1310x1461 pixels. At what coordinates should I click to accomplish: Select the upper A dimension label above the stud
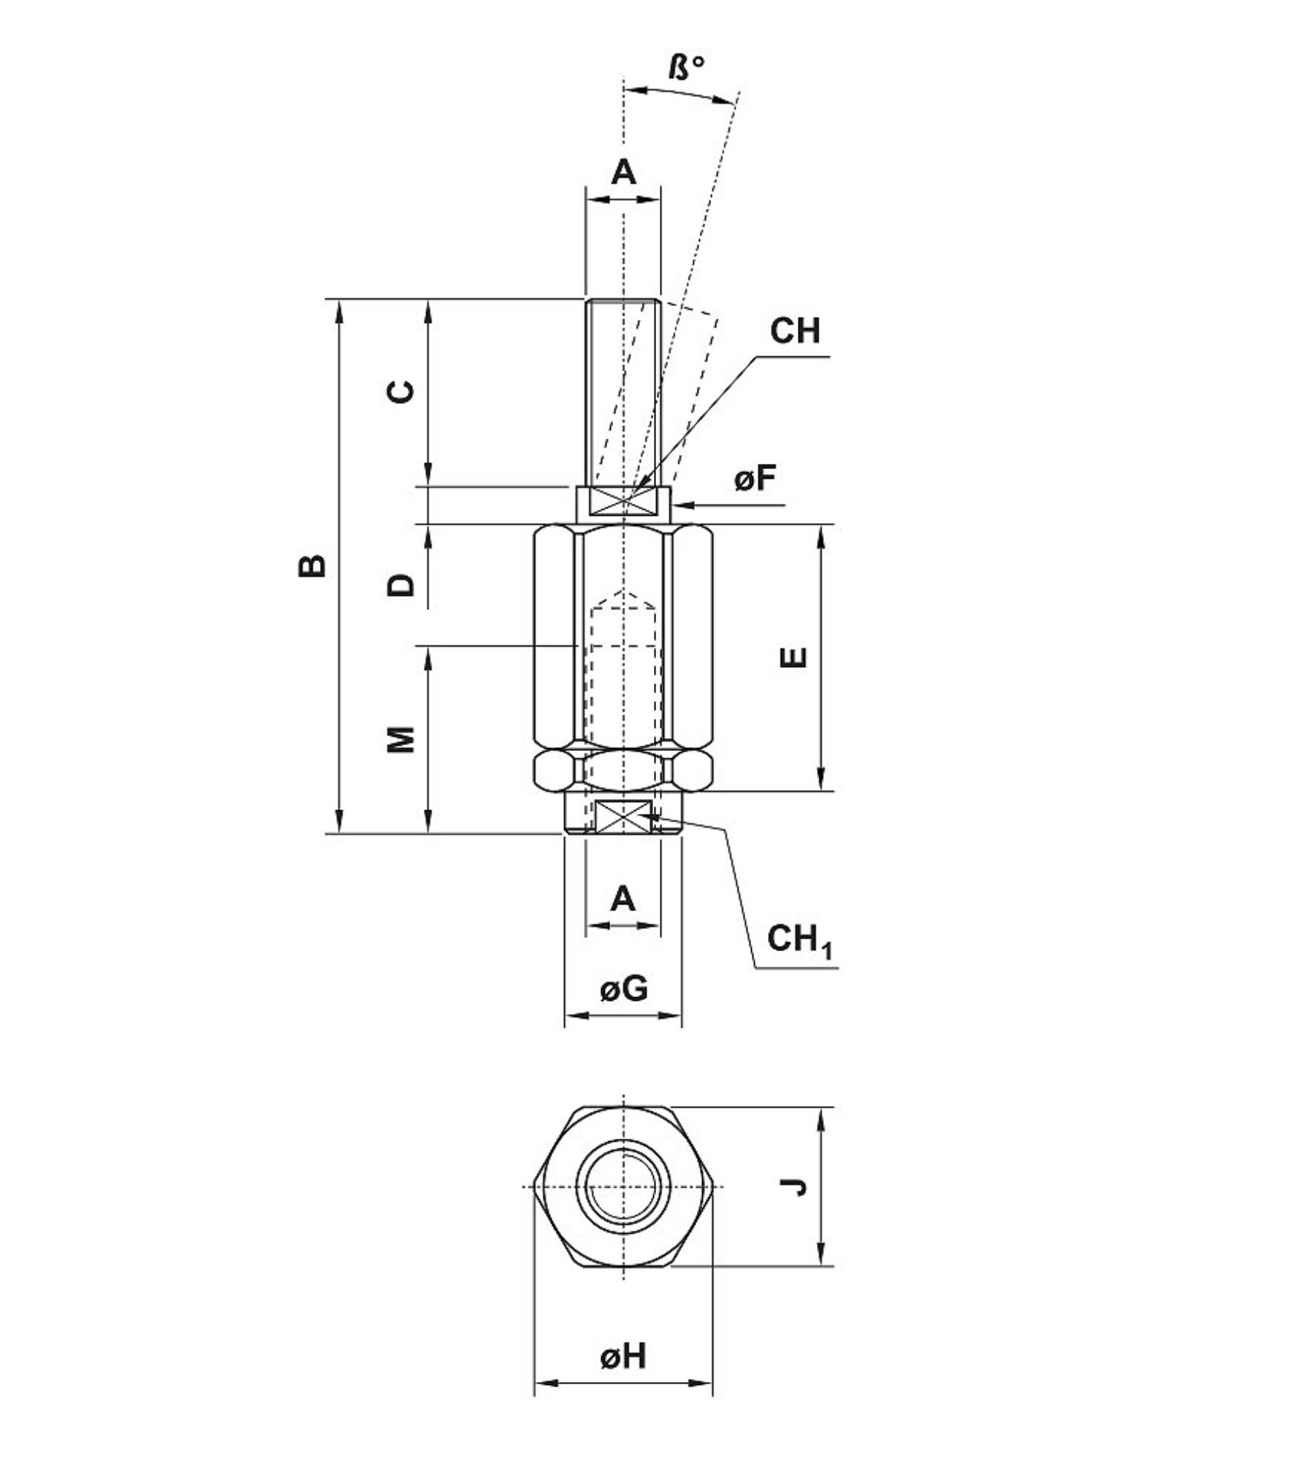(623, 173)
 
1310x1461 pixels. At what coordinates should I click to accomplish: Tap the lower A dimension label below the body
(622, 899)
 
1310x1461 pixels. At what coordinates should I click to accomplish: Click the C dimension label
(400, 392)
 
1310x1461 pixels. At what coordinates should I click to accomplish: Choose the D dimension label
(400, 584)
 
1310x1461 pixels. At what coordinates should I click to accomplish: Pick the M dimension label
(400, 739)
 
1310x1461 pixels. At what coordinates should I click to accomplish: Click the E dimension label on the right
(794, 657)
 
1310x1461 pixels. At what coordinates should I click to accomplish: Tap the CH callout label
(795, 331)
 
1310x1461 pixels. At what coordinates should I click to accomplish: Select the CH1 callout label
(799, 940)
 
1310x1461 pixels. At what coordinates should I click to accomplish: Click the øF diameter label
(755, 478)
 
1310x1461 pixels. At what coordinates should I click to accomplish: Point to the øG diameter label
(623, 988)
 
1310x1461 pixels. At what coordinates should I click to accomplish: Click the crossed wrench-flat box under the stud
(622, 503)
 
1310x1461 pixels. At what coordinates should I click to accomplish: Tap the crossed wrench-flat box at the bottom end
(622, 816)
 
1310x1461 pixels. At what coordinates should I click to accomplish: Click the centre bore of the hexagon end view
(622, 1186)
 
